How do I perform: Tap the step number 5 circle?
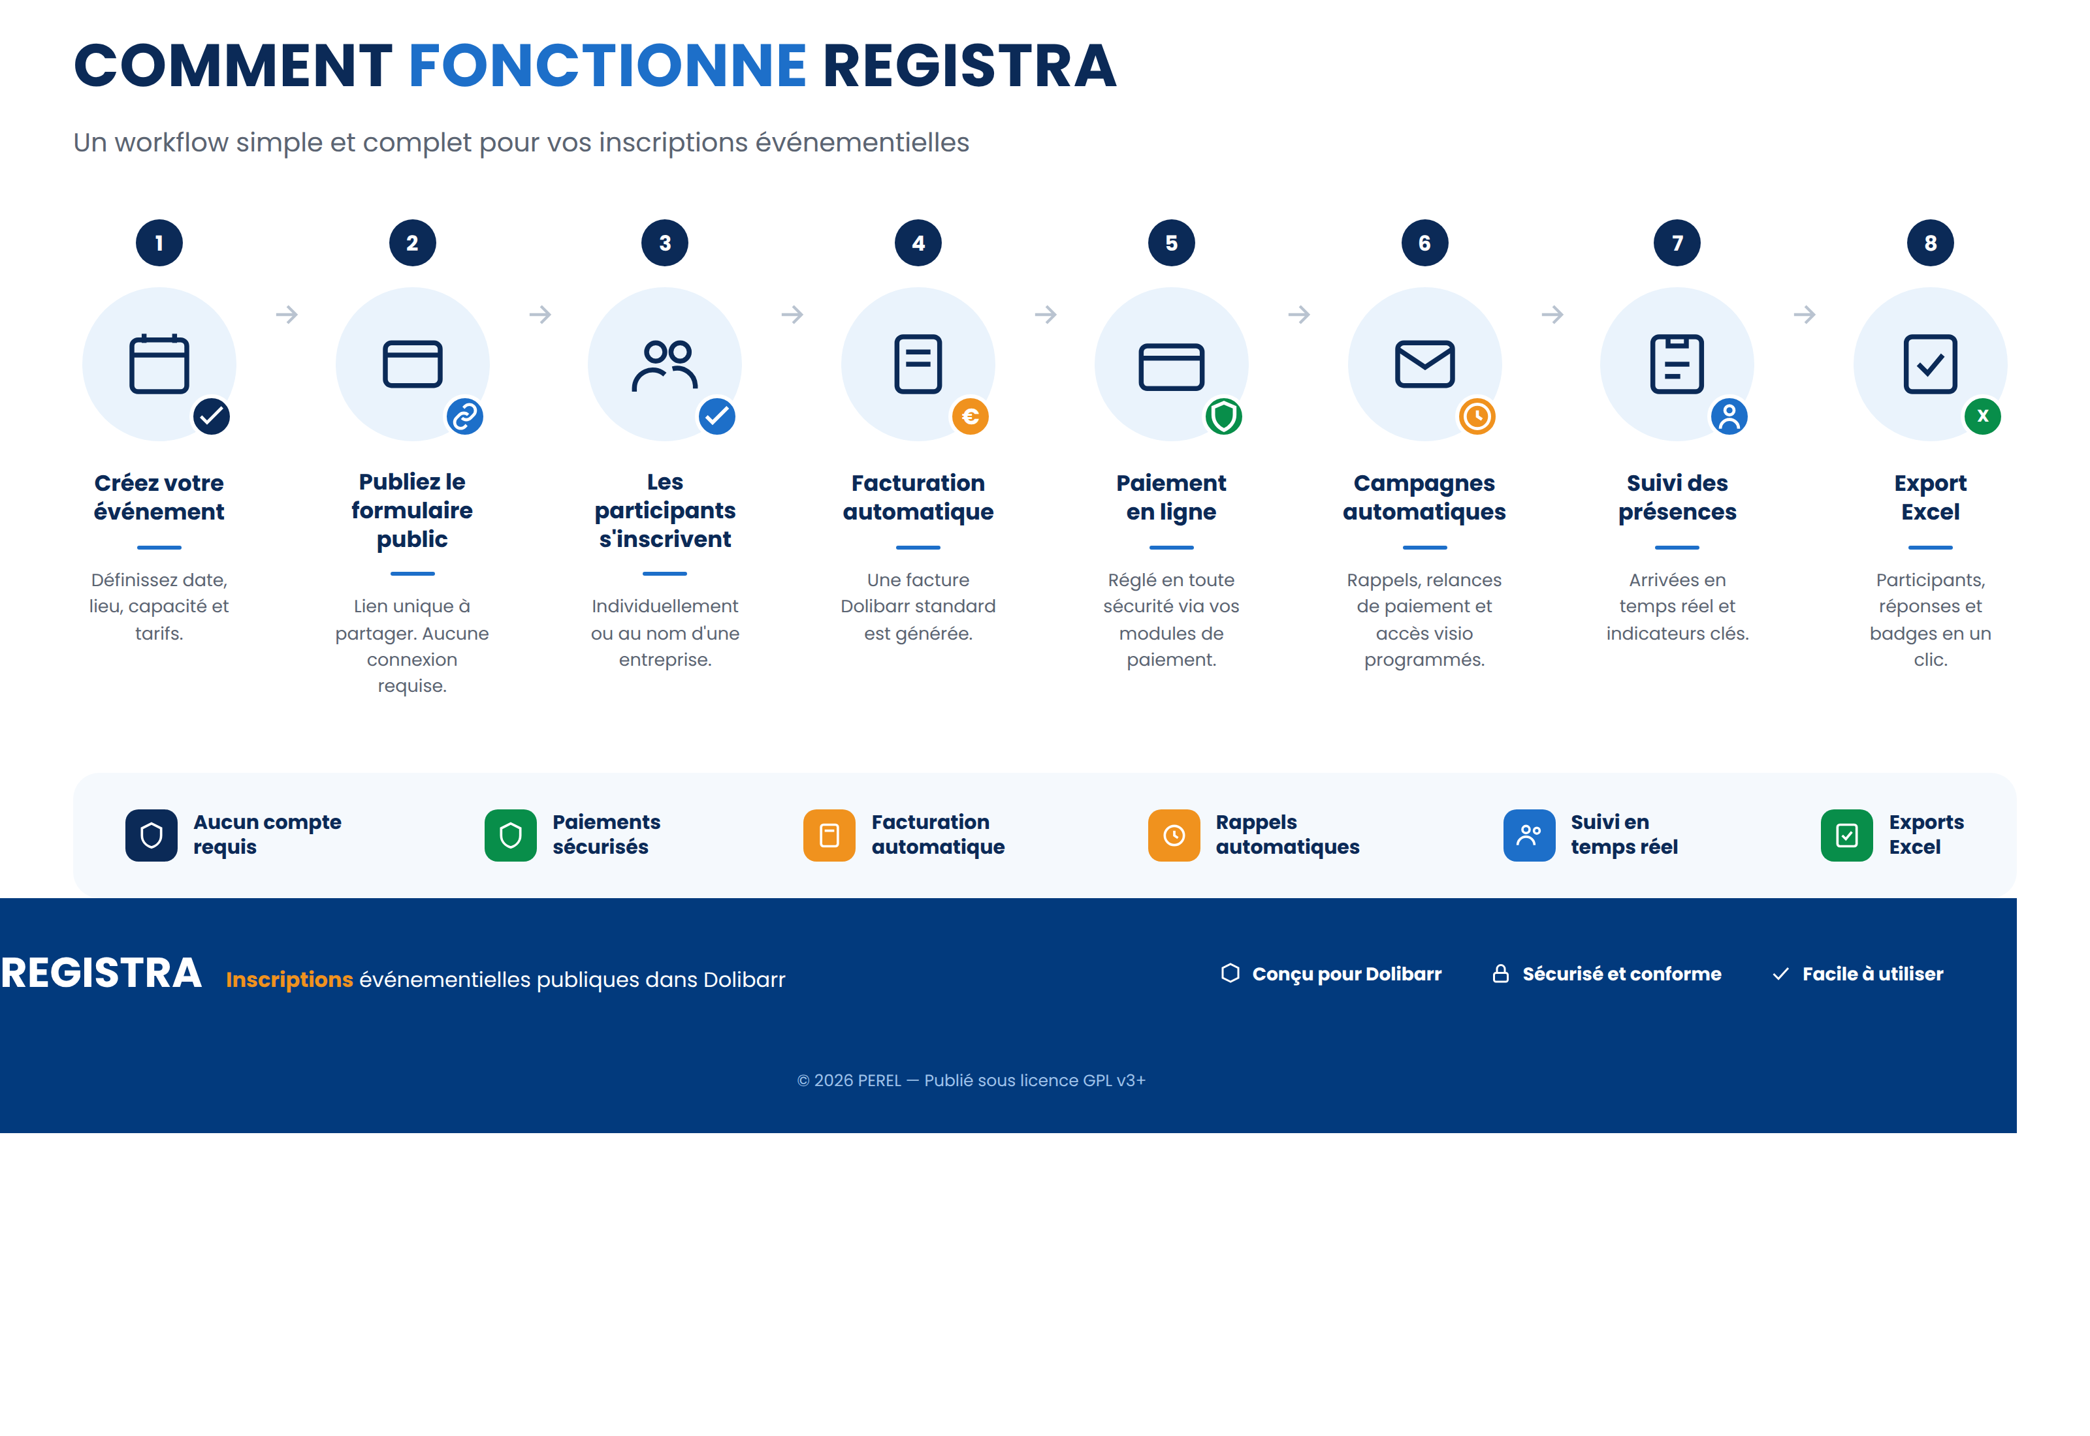coord(1171,243)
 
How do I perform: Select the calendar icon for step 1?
coord(159,364)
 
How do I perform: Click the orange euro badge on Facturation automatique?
coord(971,416)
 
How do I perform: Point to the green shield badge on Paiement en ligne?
coord(1223,416)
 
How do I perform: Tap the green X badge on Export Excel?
coord(1982,416)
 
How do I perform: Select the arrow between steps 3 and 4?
coord(792,315)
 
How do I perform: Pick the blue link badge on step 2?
coord(464,416)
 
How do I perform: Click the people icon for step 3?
coord(665,364)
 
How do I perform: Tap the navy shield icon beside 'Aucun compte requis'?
coord(152,836)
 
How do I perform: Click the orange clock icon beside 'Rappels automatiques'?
coord(1174,836)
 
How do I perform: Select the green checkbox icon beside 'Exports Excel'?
coord(1847,836)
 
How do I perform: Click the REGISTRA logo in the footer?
coord(101,973)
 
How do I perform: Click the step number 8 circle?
coord(1930,243)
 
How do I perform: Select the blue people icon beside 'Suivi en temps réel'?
coord(1528,836)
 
